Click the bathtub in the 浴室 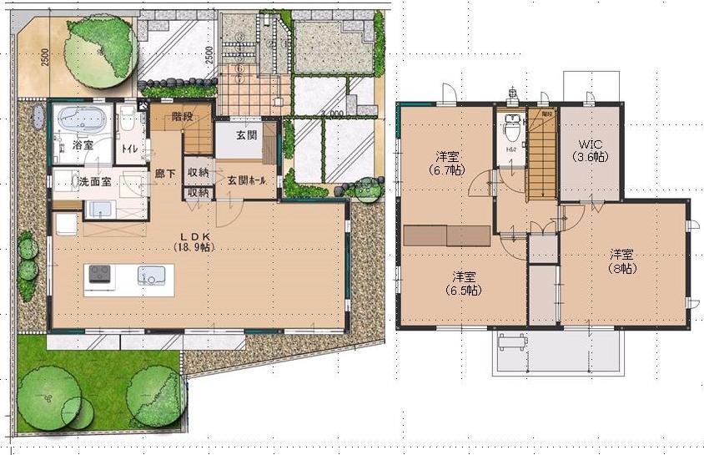pyautogui.click(x=82, y=119)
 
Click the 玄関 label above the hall pyautogui.click(x=246, y=136)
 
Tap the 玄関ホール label pyautogui.click(x=244, y=180)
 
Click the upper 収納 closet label pyautogui.click(x=198, y=173)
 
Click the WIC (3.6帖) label pyautogui.click(x=590, y=149)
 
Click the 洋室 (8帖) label pyautogui.click(x=621, y=261)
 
